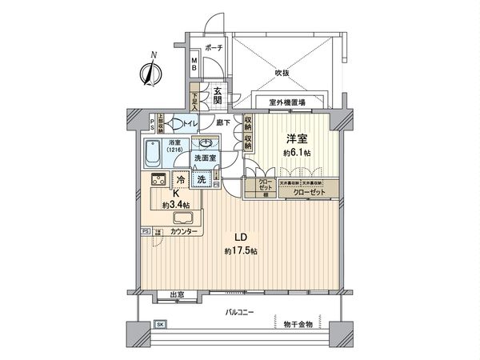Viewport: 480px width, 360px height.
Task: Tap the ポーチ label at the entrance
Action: [x=213, y=48]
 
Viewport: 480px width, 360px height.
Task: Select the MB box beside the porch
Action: [x=194, y=62]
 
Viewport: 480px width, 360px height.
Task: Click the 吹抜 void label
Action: [x=282, y=72]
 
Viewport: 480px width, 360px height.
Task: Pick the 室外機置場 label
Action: [x=286, y=102]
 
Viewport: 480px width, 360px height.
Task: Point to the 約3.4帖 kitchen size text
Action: [x=174, y=206]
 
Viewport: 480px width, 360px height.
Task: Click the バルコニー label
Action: [x=239, y=311]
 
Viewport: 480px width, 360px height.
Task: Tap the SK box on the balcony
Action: [x=160, y=326]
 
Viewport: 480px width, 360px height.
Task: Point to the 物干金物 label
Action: [x=297, y=325]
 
